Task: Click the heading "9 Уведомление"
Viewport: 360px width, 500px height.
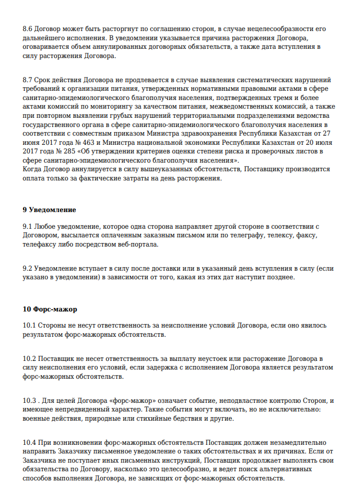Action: tap(49, 210)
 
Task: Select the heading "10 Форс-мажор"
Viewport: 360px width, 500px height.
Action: tap(50, 310)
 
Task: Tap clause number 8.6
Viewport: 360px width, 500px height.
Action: tap(28, 28)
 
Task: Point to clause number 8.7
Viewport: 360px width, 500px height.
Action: tap(28, 80)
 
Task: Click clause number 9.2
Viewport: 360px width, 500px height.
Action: tap(28, 269)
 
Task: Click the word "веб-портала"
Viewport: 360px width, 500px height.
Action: tap(138, 245)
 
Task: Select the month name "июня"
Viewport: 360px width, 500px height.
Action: tap(32, 143)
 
